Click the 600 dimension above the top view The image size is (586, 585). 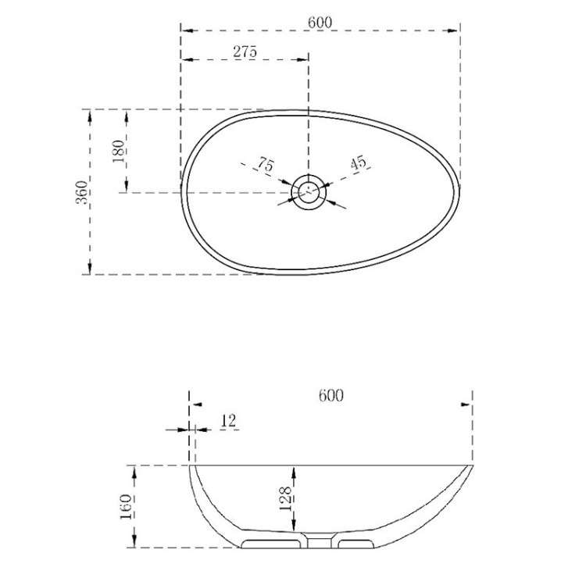(320, 22)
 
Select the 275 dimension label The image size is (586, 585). (245, 52)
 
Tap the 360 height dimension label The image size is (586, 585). (80, 192)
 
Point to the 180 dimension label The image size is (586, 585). (119, 151)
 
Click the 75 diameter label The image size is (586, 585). (265, 166)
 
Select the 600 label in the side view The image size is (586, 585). (331, 395)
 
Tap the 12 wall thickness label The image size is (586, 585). (229, 420)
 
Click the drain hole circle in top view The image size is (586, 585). (309, 191)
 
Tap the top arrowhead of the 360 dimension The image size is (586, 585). (91, 114)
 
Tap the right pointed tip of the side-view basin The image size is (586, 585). (473, 465)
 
